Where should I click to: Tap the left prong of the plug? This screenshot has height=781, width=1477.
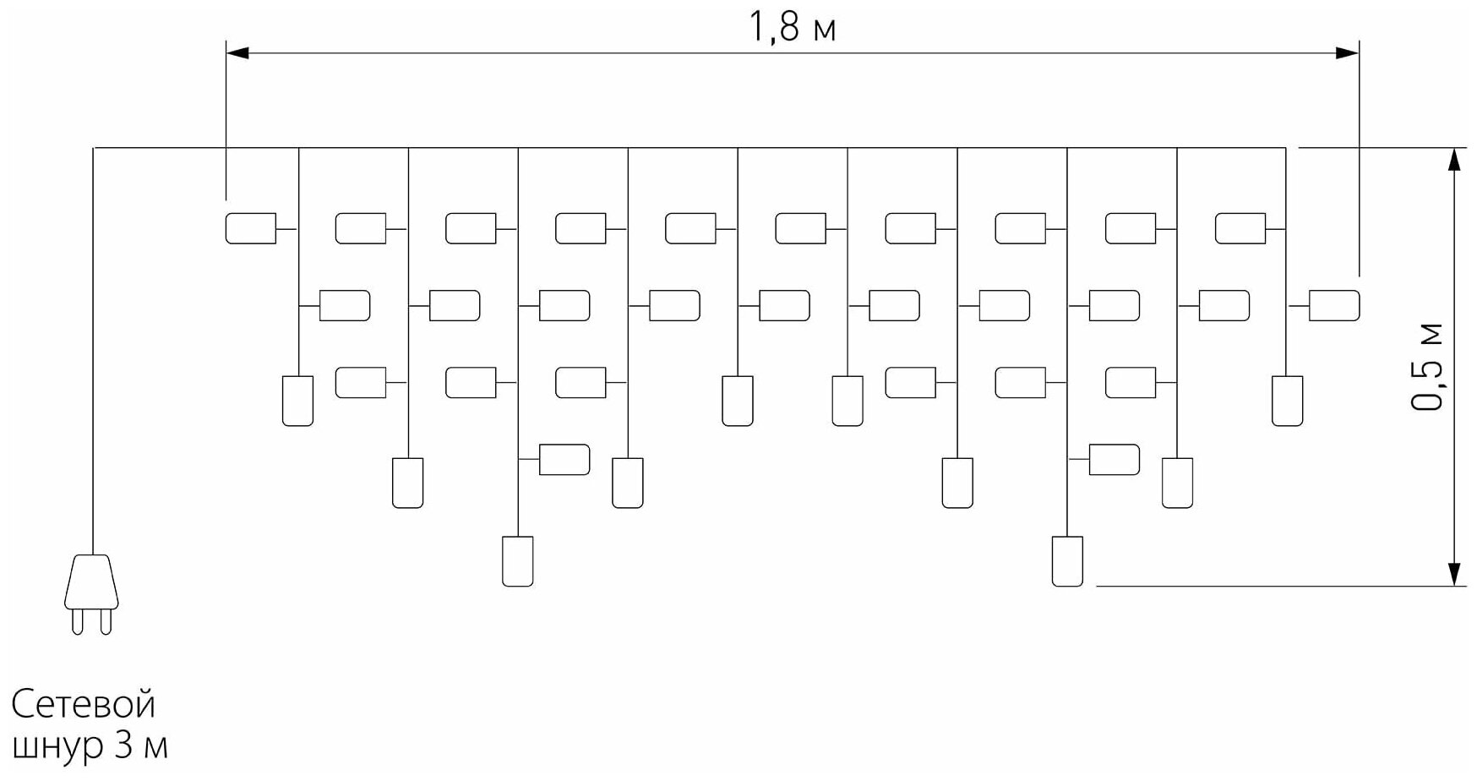[78, 621]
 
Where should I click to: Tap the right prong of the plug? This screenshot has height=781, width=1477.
[106, 621]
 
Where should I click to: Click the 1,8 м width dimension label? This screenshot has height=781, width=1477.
[792, 28]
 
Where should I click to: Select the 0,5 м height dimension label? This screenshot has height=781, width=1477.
[1427, 366]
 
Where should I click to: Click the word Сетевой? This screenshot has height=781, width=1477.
[84, 704]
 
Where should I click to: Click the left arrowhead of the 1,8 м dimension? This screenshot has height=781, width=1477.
[237, 53]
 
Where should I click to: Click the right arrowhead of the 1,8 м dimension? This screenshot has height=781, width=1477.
[1348, 53]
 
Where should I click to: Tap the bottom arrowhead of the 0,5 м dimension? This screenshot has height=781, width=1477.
[1454, 574]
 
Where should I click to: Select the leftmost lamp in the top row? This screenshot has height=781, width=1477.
[251, 228]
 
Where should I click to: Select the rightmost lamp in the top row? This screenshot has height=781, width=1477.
[1240, 228]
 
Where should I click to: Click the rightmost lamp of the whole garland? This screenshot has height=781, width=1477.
[1334, 305]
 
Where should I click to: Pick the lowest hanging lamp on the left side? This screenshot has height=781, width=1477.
[518, 561]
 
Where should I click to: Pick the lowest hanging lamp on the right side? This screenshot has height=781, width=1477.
[1067, 561]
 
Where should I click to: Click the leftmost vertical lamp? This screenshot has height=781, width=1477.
[297, 401]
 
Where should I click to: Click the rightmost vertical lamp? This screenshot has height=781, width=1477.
[1287, 401]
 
